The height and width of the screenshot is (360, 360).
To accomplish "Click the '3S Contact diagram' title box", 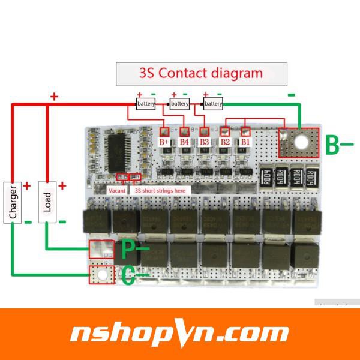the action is click(201, 74).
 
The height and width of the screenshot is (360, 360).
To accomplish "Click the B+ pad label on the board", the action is click(164, 142).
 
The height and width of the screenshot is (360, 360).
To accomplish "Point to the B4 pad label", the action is click(185, 142).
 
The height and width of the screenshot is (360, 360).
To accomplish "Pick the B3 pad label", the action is click(205, 142).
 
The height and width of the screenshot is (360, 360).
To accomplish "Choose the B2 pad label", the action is click(225, 142).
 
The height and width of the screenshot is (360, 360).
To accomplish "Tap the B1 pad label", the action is click(245, 142).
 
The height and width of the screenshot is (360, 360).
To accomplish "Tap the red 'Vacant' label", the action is click(117, 190).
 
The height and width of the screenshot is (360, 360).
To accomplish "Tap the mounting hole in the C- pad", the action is click(101, 275).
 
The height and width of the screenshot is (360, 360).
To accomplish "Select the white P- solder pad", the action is click(101, 248).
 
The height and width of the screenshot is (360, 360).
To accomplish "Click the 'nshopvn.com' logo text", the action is click(180, 333).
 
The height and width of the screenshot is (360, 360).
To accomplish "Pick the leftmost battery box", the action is click(146, 104).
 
